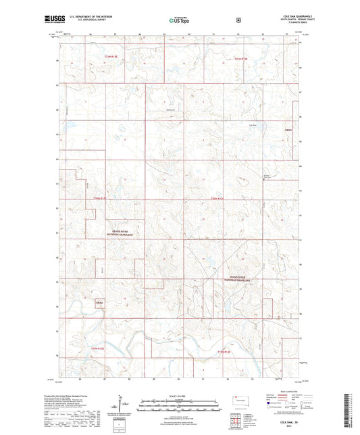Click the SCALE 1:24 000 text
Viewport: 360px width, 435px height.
point(179,396)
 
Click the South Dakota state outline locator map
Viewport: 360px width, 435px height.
point(239,399)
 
